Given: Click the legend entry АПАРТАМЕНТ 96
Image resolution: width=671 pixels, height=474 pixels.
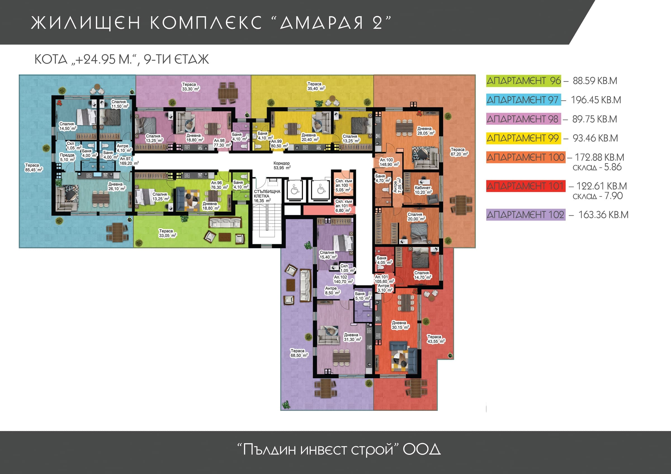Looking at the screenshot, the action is (523, 81).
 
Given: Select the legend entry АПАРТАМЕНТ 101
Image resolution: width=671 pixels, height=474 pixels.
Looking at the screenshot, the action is (525, 186).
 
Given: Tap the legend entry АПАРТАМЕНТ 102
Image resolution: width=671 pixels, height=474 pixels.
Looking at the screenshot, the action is (525, 215).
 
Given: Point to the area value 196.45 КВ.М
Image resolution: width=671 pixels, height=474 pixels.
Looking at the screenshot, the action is (596, 100).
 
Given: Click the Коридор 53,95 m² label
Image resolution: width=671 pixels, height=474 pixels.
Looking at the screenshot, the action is (282, 166).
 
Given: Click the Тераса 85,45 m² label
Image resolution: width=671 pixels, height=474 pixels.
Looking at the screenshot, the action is (34, 167).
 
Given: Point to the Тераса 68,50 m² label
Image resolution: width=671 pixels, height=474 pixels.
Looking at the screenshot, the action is (299, 353).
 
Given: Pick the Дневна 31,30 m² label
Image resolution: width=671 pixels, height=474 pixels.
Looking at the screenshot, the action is (353, 337).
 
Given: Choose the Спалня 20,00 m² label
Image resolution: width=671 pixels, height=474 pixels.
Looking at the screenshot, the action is (416, 217).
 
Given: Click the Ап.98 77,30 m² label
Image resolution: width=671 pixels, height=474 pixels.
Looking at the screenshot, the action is (222, 143).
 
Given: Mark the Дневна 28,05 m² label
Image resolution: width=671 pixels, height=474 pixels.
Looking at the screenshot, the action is (426, 131).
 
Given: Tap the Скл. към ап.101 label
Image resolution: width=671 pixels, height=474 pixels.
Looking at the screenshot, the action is (343, 204).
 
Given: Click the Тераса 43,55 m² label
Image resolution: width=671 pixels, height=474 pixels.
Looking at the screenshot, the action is (436, 339).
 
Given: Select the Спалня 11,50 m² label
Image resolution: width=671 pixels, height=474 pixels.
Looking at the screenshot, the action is (120, 104).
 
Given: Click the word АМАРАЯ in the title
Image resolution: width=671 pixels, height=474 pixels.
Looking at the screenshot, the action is (322, 23).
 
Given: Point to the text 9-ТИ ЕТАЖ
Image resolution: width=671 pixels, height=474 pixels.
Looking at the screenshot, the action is (176, 59).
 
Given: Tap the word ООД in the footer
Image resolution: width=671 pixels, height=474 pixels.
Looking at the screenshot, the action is (422, 449).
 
